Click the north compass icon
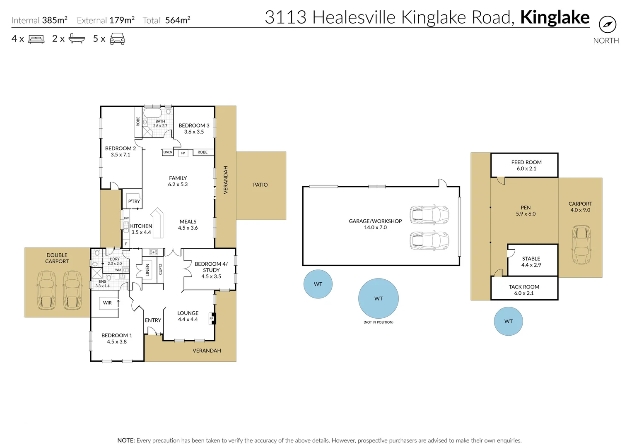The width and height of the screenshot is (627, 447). click(x=607, y=24)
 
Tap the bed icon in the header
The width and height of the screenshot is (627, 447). click(x=36, y=39)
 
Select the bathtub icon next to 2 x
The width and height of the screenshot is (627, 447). click(x=77, y=39)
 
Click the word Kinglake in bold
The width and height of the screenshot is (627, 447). click(x=555, y=17)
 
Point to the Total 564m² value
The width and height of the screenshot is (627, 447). click(x=178, y=20)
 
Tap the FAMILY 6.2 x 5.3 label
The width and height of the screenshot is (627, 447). click(x=178, y=181)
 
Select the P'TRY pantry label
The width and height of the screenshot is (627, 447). click(x=134, y=202)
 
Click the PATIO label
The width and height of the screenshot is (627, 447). click(x=260, y=185)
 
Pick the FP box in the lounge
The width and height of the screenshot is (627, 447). click(x=212, y=318)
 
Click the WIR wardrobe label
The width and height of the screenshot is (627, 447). click(x=107, y=303)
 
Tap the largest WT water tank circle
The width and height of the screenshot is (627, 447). click(x=378, y=298)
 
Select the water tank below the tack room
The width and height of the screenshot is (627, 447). click(x=508, y=321)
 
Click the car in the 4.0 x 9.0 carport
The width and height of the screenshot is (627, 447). click(x=581, y=245)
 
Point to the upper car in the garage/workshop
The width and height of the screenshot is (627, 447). click(x=429, y=214)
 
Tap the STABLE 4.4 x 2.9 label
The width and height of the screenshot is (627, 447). click(x=531, y=262)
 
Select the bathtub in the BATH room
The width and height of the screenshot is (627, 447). click(x=153, y=113)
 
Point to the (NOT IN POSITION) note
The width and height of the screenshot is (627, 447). click(x=378, y=322)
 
